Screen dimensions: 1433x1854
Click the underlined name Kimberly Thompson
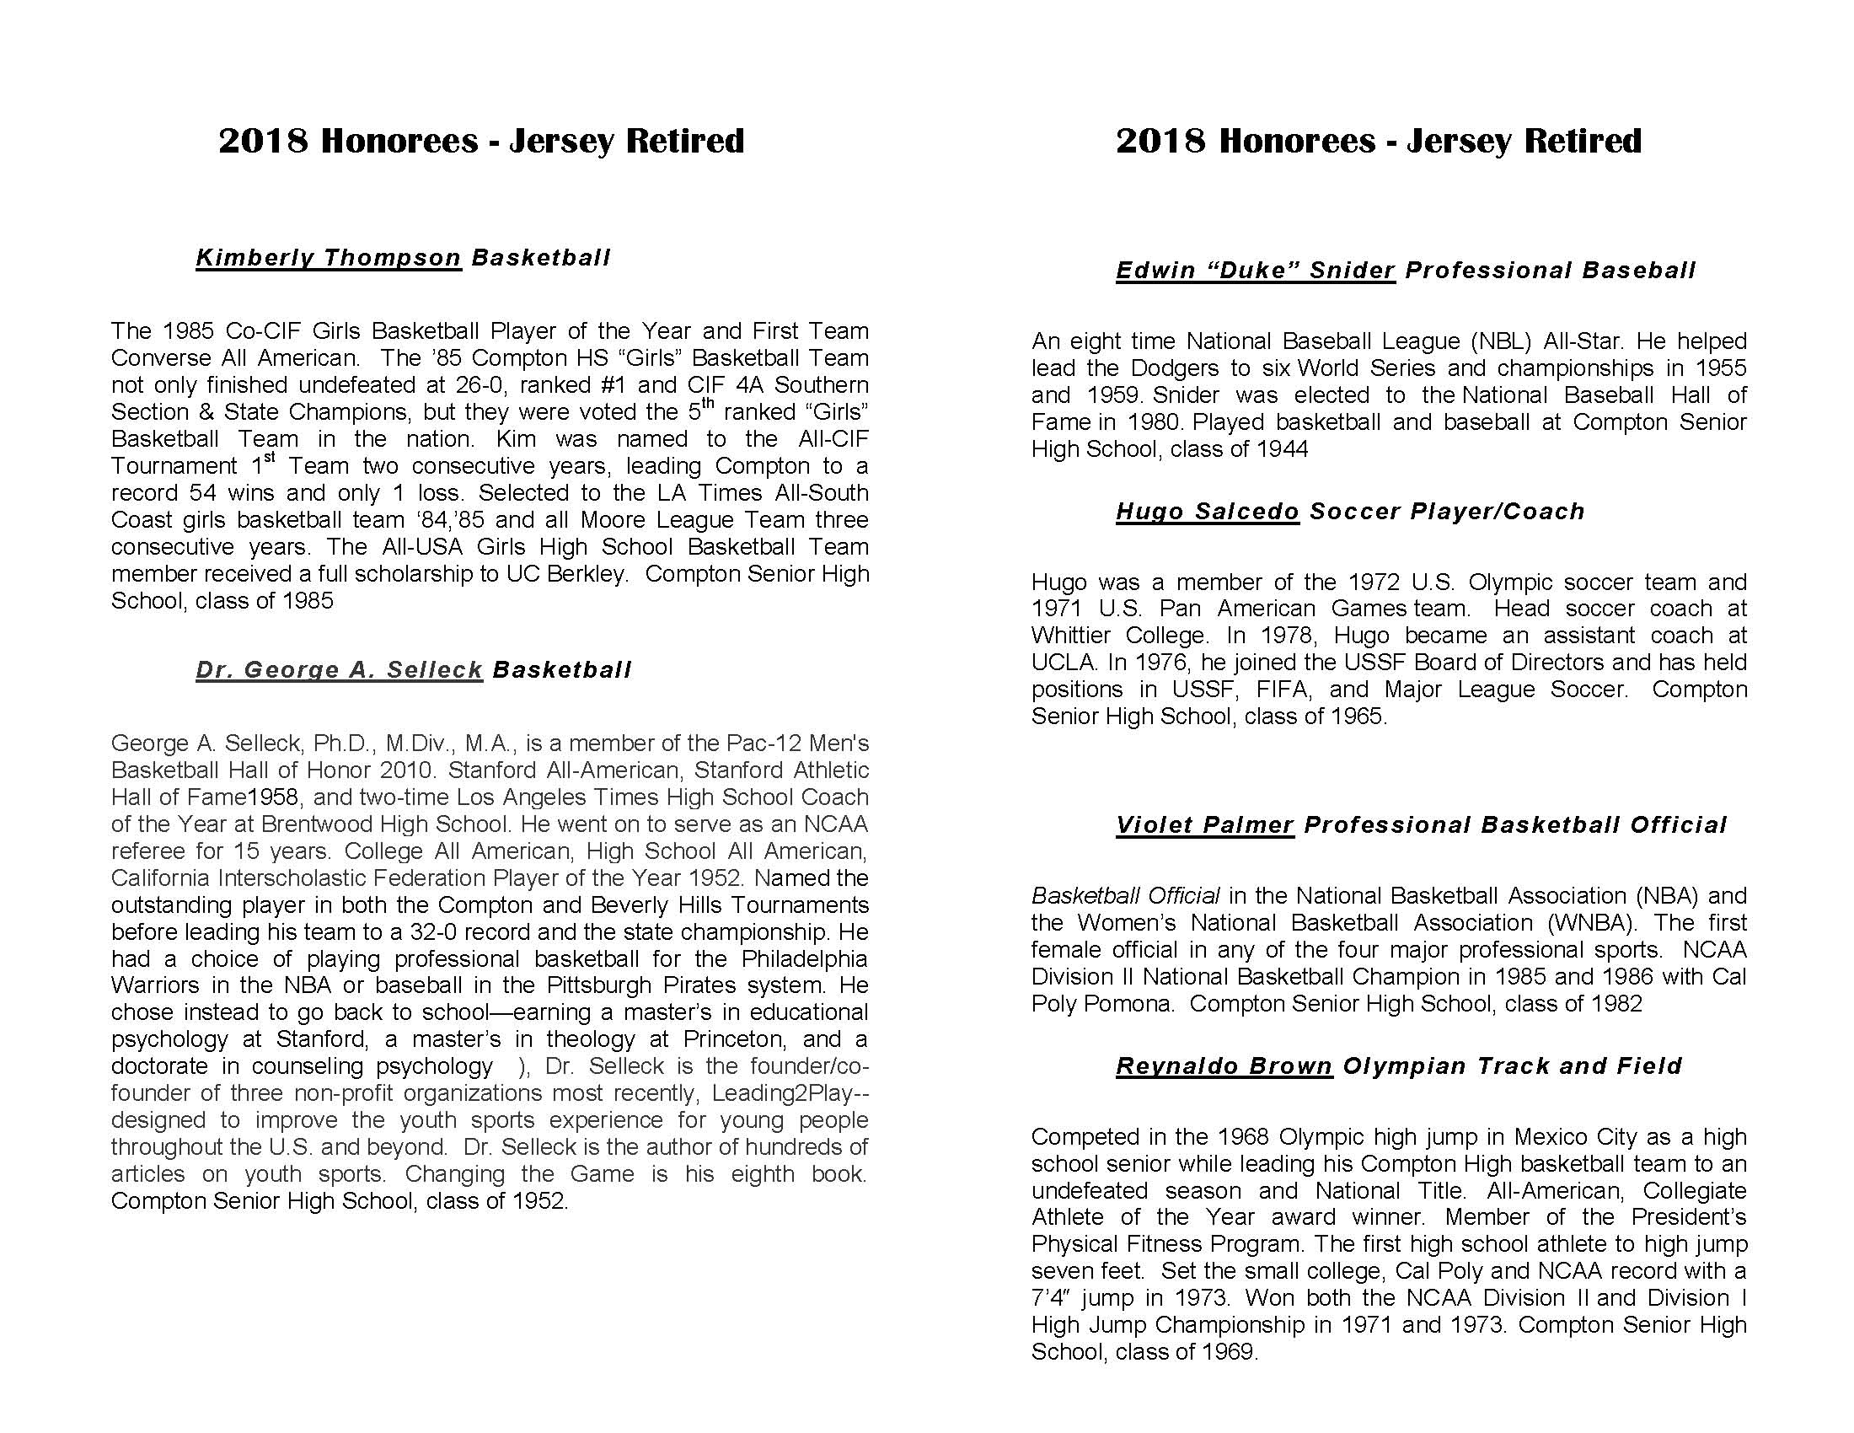328,257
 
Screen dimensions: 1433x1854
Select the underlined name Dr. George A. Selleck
339,670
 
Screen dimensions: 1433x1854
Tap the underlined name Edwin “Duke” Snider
1255,270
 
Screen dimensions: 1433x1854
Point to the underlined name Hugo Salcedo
1206,511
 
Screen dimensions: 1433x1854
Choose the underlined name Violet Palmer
1203,824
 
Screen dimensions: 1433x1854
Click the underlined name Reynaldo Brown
1224,1065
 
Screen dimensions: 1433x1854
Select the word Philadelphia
804,958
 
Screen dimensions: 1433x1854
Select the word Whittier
1069,635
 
